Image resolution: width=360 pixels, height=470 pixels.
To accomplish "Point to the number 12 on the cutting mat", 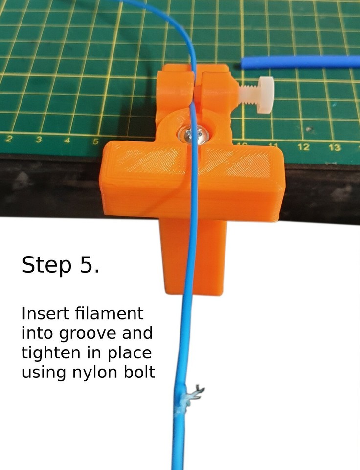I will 303,146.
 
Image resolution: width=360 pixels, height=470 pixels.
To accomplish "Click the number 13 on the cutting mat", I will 335,147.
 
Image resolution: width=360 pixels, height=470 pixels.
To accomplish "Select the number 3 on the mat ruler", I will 38,140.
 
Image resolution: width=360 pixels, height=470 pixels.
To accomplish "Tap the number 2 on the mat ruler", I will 9,139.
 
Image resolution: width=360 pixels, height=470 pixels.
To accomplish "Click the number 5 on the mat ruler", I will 96,141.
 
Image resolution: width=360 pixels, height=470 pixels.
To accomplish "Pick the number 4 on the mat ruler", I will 67,141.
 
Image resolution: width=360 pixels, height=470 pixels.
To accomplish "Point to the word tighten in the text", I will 48,353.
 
